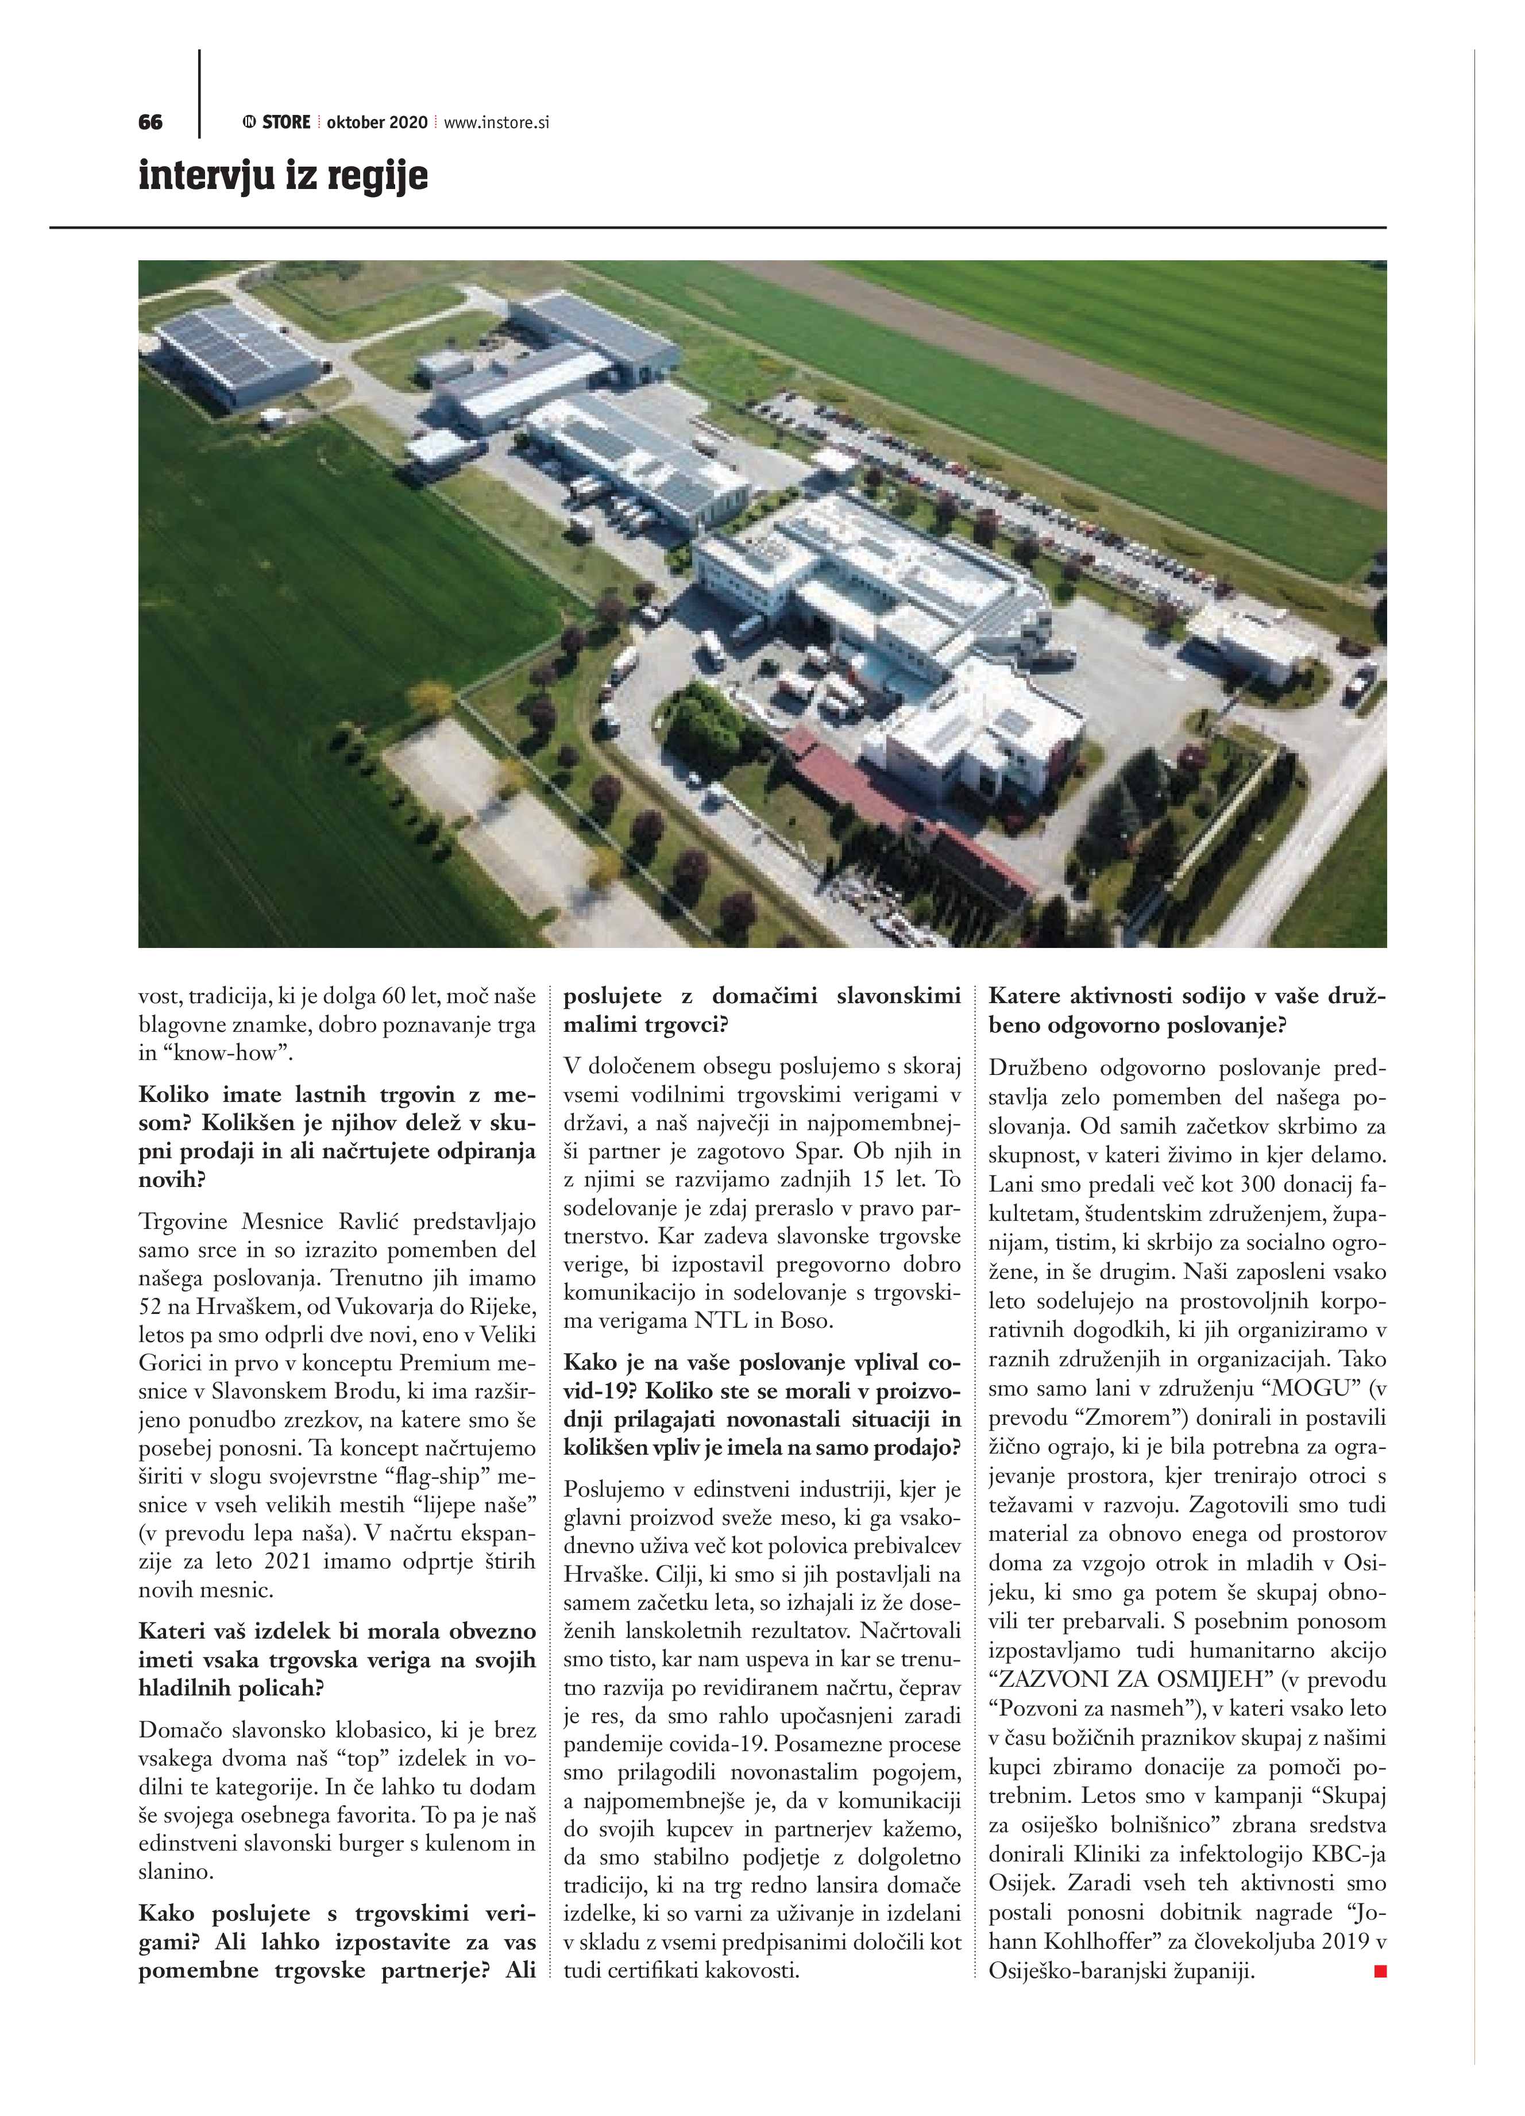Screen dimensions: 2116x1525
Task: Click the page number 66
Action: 150,122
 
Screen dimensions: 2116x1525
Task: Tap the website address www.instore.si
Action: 496,122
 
